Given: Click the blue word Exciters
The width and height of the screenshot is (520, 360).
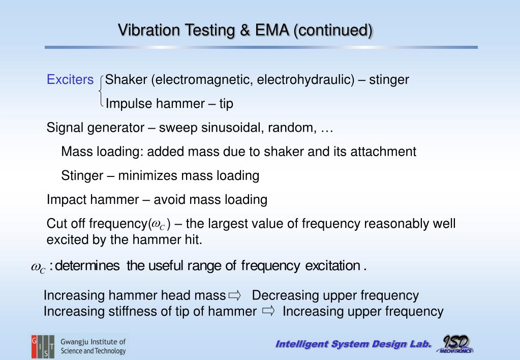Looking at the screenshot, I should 70,80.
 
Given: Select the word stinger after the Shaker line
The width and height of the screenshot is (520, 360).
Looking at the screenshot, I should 389,80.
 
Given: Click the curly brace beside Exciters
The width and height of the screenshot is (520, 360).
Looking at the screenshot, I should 102,92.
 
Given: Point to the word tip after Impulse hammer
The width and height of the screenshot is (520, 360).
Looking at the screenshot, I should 226,104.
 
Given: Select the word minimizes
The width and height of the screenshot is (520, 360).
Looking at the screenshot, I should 148,175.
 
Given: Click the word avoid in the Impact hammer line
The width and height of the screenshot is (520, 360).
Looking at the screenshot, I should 167,199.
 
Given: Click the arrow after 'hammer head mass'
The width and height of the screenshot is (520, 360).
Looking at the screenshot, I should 234,295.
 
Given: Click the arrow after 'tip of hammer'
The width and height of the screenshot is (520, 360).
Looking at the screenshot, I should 268,311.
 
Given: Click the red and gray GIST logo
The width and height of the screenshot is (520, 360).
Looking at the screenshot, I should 43,347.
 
